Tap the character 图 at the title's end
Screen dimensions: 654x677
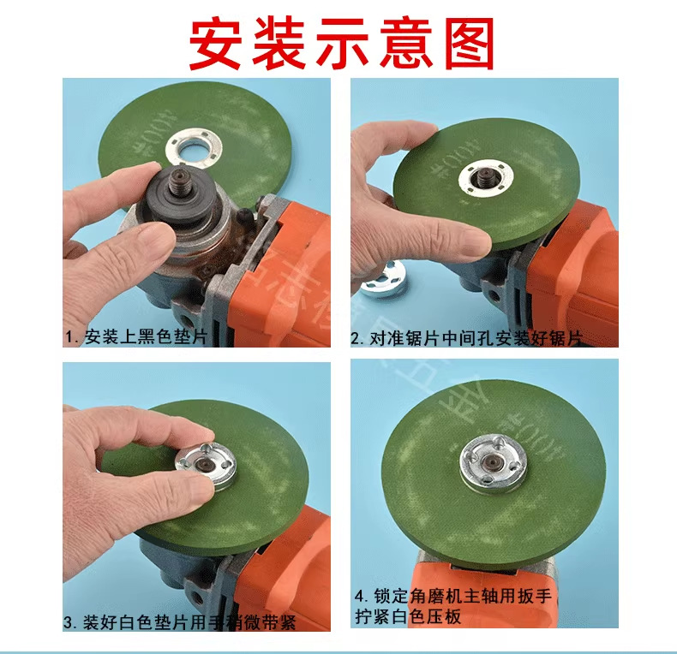[464, 43]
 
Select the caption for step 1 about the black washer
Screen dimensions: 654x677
[136, 337]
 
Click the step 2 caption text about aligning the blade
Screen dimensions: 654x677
[466, 339]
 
